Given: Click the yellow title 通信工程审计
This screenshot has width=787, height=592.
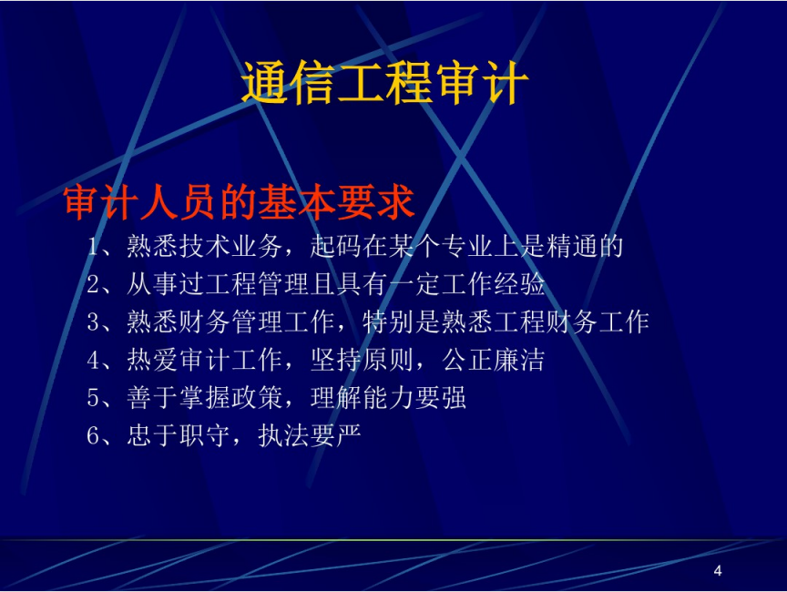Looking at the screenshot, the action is [x=385, y=83].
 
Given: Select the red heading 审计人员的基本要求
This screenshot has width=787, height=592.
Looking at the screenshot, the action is [x=239, y=202].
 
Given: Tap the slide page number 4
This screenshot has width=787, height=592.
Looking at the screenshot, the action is [x=718, y=570].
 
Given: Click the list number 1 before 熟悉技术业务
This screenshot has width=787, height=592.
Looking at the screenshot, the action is [x=93, y=246].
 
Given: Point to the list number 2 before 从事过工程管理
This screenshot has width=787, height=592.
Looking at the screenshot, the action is [x=93, y=284].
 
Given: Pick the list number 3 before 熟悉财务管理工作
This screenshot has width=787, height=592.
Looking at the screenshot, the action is [x=93, y=322].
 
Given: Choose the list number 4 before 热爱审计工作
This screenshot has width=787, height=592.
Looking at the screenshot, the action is [x=93, y=360].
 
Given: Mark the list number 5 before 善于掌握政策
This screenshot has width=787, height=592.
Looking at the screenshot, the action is [x=93, y=397].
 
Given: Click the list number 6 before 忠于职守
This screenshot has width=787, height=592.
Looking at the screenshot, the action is [x=93, y=435].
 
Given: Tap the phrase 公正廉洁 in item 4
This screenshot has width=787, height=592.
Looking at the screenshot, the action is [x=494, y=360].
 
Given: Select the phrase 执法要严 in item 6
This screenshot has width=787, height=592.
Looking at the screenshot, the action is [x=310, y=435].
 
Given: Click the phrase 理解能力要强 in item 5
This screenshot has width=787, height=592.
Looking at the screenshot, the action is [x=388, y=397].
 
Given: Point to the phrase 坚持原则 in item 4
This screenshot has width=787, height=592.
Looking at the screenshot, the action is [x=362, y=360].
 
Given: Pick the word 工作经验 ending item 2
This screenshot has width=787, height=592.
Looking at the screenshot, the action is [x=494, y=284].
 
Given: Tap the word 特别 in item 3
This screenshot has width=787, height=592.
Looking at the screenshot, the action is [x=388, y=322].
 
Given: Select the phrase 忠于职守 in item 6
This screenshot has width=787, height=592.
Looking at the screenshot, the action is [x=179, y=435].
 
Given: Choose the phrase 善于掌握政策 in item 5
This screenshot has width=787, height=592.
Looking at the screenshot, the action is [x=205, y=397].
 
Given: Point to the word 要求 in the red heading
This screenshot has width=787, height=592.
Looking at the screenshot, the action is [x=376, y=202].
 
